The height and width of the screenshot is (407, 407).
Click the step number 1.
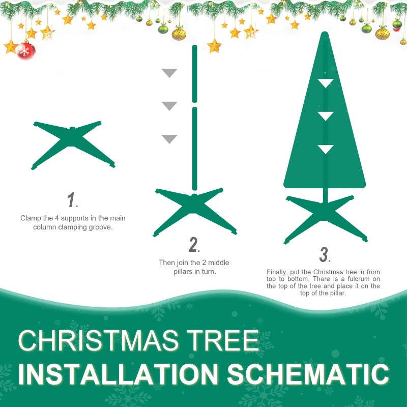[72, 200]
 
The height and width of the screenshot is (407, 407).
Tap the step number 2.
[194, 245]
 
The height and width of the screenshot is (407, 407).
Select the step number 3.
[325, 254]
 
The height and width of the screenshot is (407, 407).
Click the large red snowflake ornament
[25, 50]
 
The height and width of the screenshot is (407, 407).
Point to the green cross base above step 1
[73, 144]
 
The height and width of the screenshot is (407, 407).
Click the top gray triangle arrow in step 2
[169, 73]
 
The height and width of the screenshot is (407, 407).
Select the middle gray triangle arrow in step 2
[169, 106]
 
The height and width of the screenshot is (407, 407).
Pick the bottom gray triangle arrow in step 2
[169, 139]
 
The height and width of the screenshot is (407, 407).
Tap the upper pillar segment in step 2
[194, 74]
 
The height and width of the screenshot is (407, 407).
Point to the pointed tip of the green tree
[325, 35]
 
